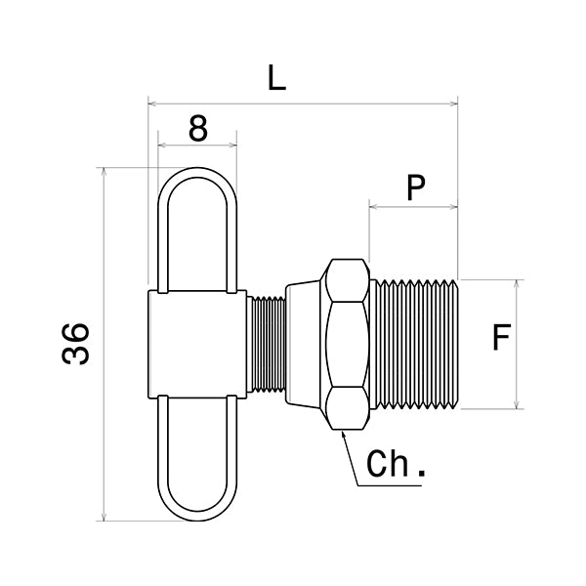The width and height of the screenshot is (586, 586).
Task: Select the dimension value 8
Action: pos(198,128)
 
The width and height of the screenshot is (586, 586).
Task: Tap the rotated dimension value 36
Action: pos(77,343)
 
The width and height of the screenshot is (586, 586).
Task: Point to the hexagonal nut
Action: pos(348,344)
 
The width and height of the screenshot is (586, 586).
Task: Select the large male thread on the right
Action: pos(414,344)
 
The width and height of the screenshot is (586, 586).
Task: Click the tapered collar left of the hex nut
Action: pos(302,344)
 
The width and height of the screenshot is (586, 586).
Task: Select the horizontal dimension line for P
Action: pos(413,206)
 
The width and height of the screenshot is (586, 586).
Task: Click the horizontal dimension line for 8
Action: pos(197,146)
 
